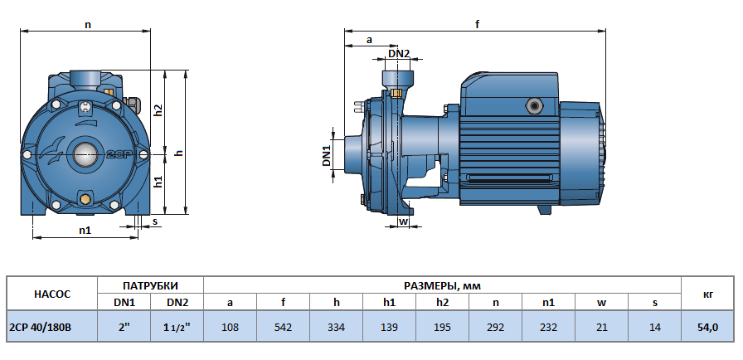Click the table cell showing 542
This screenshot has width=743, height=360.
point(283,328)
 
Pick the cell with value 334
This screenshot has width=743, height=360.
point(336,328)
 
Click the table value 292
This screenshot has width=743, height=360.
point(495,328)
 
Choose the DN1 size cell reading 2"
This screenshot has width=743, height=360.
point(124,328)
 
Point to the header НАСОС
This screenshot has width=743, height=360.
point(51,294)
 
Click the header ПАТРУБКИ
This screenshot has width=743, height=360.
point(150,285)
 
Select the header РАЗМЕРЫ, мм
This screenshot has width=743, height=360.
point(442,285)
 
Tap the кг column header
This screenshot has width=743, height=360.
point(707,294)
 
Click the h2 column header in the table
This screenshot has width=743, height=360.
point(442,303)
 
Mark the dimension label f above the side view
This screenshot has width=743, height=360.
point(477,25)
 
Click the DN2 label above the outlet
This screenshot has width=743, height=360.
point(399,53)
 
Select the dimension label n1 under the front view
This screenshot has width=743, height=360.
point(85,230)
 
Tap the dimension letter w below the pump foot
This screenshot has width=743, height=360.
point(404,221)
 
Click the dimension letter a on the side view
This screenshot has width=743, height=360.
point(369,39)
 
